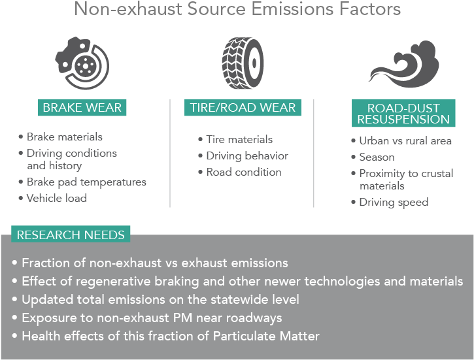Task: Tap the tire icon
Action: [x=243, y=63]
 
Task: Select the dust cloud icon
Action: [x=404, y=64]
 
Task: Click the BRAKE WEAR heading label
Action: [x=82, y=108]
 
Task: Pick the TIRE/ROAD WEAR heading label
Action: [x=243, y=108]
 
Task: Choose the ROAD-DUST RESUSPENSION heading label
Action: [x=403, y=113]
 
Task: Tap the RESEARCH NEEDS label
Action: [x=71, y=235]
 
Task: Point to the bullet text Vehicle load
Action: [x=57, y=198]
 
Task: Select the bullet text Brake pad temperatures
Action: [x=86, y=182]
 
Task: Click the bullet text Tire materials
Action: [x=239, y=140]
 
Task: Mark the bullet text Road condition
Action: [x=244, y=172]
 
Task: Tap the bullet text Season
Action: [x=377, y=157]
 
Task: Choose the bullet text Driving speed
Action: [x=394, y=203]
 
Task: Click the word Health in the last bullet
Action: [x=41, y=336]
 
